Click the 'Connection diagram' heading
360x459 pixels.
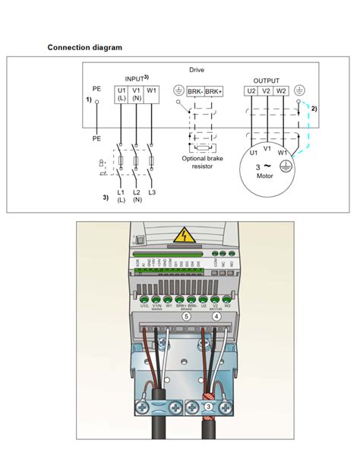85,47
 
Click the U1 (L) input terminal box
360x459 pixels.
122,94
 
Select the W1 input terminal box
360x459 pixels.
152,91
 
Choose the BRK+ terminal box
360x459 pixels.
214,91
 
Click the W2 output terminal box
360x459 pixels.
282,91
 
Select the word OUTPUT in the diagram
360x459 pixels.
267,80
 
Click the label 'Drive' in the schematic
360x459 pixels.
197,70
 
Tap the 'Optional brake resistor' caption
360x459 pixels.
201,163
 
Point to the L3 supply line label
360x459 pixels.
153,192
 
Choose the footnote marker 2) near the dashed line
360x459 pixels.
314,109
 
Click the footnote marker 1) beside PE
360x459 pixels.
88,100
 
